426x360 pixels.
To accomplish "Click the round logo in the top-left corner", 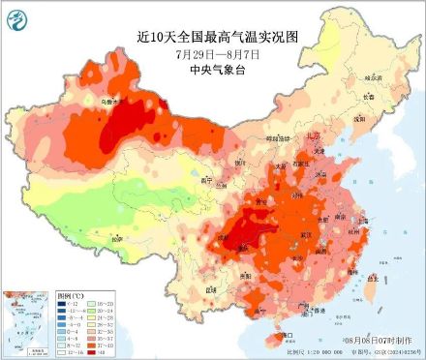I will [x=17, y=16].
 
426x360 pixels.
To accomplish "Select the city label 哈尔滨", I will [x=372, y=76].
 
